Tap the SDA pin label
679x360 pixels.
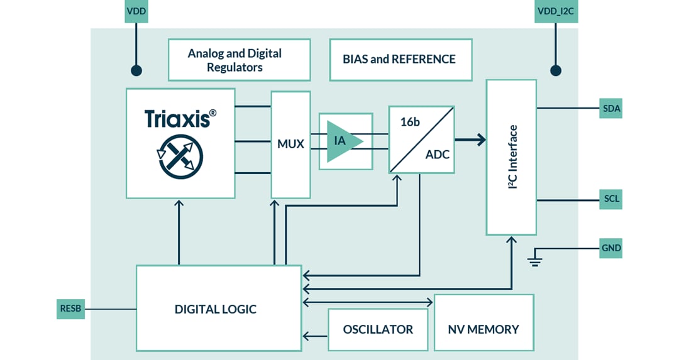(x=610, y=109)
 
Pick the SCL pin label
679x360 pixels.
(x=610, y=199)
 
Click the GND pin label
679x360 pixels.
(x=610, y=248)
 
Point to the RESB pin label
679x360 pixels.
(x=70, y=308)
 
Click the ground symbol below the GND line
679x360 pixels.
(x=535, y=259)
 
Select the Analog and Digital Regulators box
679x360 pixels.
(x=239, y=60)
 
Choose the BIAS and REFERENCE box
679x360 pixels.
(x=400, y=60)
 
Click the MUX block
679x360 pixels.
(x=290, y=144)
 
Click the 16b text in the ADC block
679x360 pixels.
(x=409, y=122)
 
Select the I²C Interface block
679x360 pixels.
(x=511, y=157)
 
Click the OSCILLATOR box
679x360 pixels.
(x=378, y=329)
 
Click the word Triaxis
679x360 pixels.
(x=177, y=119)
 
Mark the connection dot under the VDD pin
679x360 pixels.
(x=135, y=70)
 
